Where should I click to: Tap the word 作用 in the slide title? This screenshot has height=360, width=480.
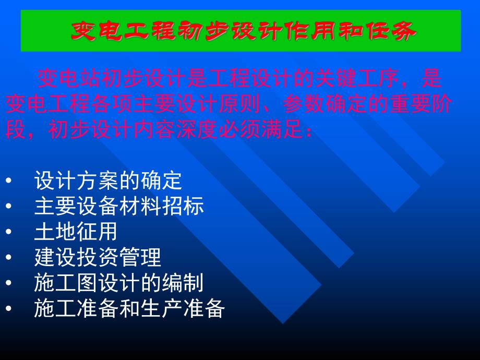[x=319, y=31]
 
